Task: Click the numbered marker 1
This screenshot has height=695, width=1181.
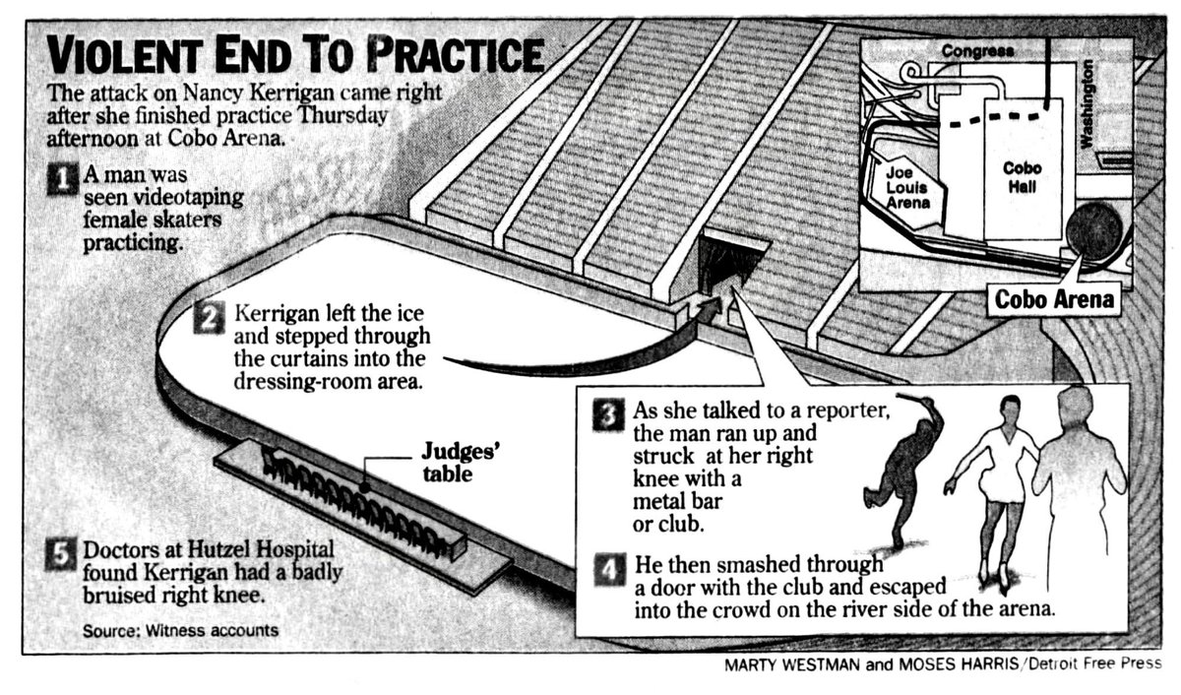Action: [61, 180]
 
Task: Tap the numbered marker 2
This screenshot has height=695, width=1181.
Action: [211, 318]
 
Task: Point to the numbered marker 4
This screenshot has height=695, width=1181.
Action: [608, 570]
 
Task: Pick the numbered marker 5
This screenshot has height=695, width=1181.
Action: [61, 556]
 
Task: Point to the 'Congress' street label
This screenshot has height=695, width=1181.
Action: [977, 50]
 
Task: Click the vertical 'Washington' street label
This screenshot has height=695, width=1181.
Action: [1088, 104]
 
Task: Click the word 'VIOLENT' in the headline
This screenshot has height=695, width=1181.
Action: [131, 57]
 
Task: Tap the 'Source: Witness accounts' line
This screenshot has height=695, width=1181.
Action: [179, 629]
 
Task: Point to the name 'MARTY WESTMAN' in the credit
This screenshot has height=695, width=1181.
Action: [792, 664]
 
